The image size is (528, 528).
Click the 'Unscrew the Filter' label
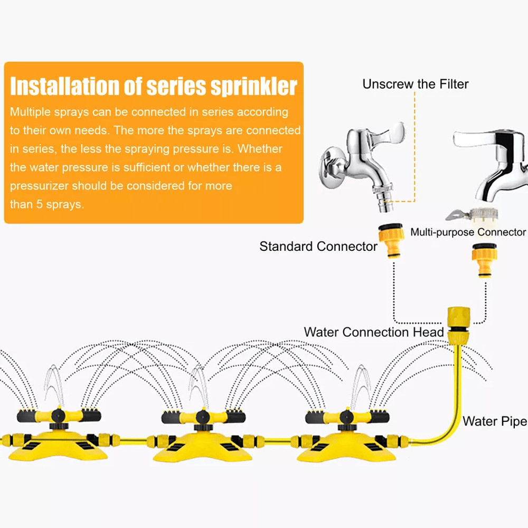point(415,84)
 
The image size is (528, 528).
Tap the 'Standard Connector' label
point(318,247)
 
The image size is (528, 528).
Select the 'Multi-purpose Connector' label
point(468,232)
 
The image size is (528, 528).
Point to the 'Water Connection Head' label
point(374,332)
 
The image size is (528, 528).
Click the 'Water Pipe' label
point(495,421)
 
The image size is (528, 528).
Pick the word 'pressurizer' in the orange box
point(39,186)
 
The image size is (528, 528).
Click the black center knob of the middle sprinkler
point(201,417)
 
